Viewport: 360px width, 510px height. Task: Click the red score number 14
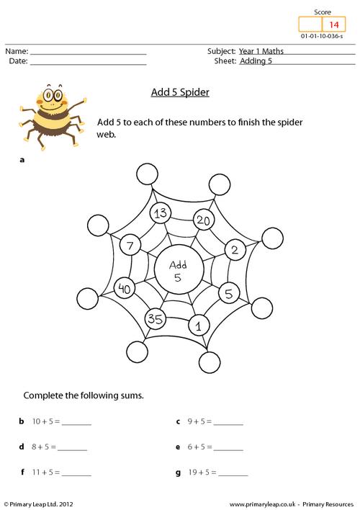coord(334,24)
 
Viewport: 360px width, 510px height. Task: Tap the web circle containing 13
coord(161,213)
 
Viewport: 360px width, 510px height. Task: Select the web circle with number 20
coord(204,220)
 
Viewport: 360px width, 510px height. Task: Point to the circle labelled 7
coord(130,245)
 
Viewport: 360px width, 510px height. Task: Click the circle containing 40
coord(125,288)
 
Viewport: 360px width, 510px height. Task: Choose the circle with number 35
coord(155,318)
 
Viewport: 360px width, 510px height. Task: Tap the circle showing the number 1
coord(199,325)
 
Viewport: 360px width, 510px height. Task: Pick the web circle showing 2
coord(235,249)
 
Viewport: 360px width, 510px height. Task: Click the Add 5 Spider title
coord(180,92)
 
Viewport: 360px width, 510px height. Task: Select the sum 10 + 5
coord(46,421)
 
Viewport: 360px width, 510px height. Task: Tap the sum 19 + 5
coord(202,472)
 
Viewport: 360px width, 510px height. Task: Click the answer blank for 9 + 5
coord(228,424)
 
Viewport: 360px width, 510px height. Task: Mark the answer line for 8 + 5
coord(72,449)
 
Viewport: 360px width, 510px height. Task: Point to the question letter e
coord(178,447)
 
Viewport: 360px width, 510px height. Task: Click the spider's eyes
coord(53,95)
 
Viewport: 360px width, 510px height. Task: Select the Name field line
coord(88,54)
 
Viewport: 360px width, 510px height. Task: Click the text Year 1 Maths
coord(261,51)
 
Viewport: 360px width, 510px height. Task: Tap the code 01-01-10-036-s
coord(322,36)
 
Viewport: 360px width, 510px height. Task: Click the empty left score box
coord(310,24)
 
